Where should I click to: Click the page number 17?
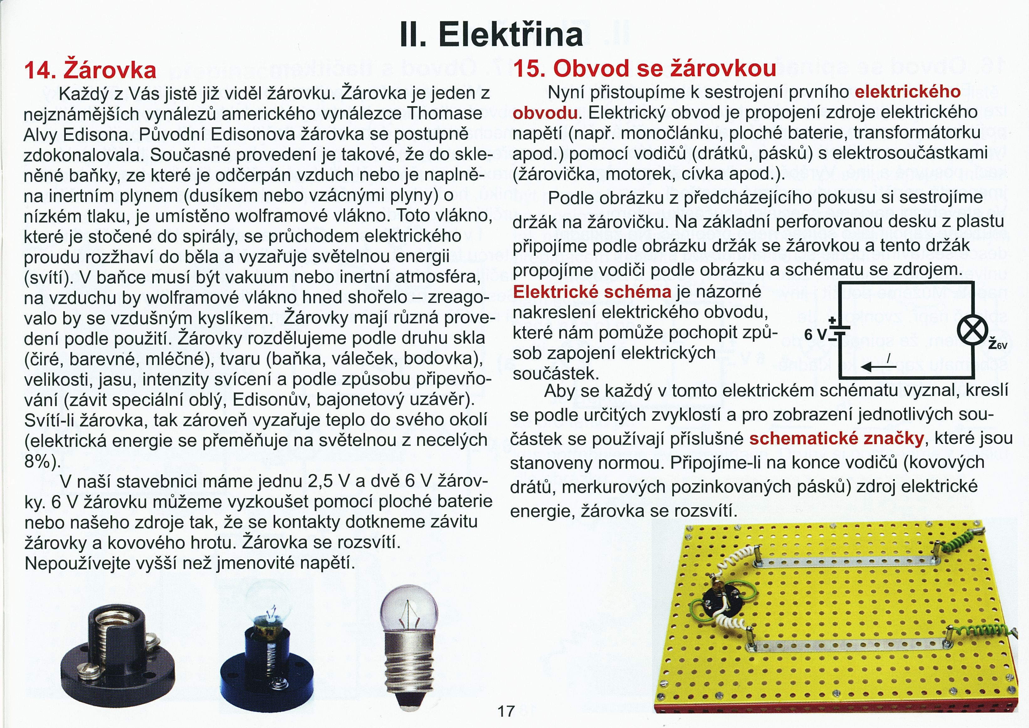pos(506,711)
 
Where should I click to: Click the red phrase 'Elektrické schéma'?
pos(591,292)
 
